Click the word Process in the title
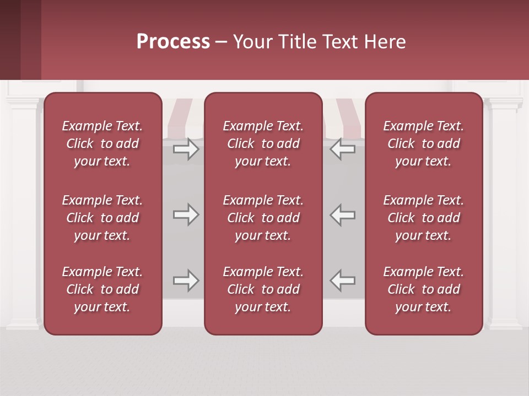coord(173,42)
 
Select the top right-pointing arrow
coord(186,149)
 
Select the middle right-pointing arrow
coord(186,215)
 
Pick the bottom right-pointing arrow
coord(186,280)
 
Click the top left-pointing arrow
coord(343,149)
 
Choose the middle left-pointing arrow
coord(343,215)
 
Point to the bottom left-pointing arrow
coord(343,280)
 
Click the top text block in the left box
coord(102,144)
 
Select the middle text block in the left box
coord(102,218)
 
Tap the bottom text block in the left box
coord(102,289)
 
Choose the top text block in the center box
coord(263,144)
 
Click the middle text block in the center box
coord(263,218)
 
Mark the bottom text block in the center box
coord(263,289)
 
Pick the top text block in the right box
coord(423,144)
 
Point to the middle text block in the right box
coord(423,218)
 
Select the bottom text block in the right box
coord(423,289)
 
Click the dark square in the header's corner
coord(10,40)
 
